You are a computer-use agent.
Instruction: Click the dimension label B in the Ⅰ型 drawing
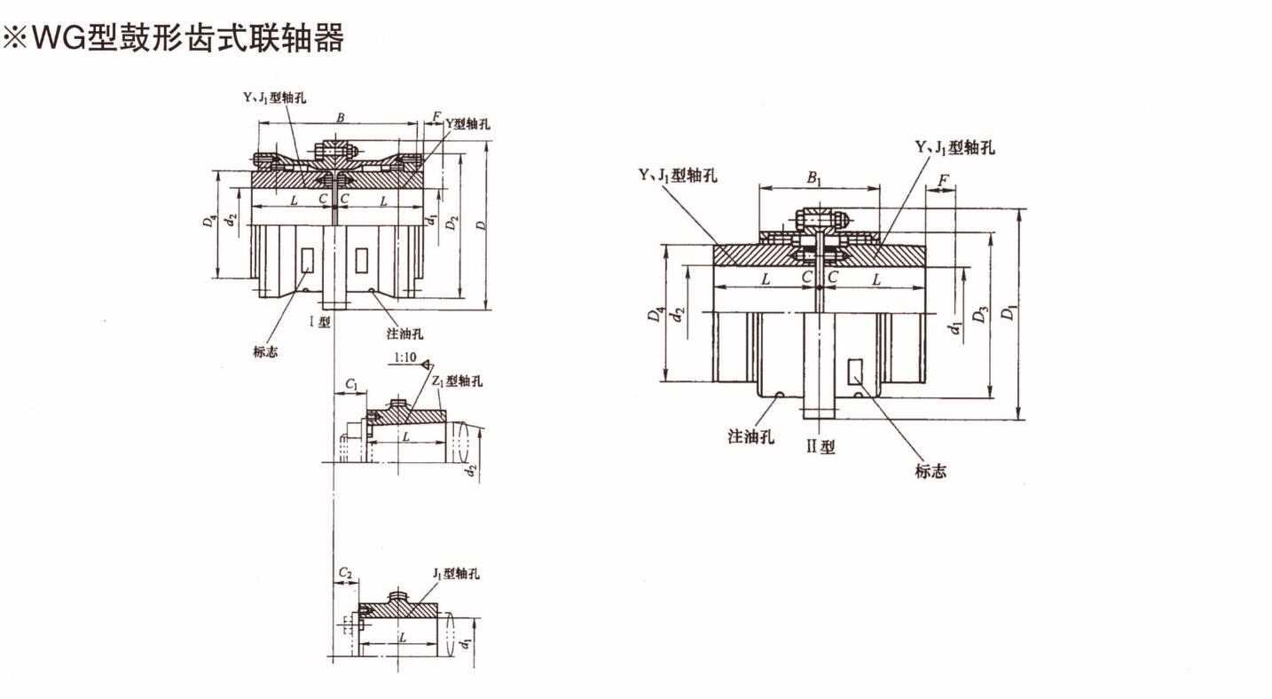coord(340,117)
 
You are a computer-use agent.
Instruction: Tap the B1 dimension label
coord(814,177)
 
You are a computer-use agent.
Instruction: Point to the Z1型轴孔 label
coord(458,381)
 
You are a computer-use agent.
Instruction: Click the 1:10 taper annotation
coord(404,358)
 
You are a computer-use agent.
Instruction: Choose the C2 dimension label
coord(346,574)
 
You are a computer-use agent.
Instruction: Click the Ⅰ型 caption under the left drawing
coord(319,322)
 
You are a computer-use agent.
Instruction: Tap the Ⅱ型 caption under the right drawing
coord(821,447)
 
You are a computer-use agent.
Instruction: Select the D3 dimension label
coord(979,315)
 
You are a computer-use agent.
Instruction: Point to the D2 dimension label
coord(453,223)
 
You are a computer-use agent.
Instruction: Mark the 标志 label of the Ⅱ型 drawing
coord(930,471)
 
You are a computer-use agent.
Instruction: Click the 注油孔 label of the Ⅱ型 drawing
coord(751,436)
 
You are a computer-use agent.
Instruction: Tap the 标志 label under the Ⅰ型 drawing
coord(265,352)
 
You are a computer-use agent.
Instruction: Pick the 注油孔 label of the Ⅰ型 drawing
coord(404,334)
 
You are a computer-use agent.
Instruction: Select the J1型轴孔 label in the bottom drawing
coord(456,574)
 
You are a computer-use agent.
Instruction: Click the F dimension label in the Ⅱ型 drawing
coord(943,182)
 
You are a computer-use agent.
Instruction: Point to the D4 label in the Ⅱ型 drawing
coord(655,315)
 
